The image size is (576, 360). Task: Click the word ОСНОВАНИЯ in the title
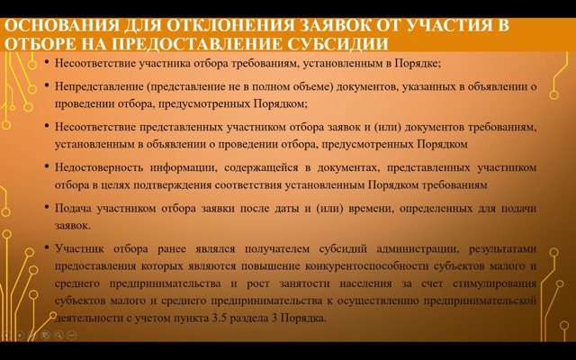click(62, 26)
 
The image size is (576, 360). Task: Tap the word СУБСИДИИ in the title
click(337, 44)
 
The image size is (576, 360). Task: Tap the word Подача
click(73, 208)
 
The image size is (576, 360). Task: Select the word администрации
click(418, 249)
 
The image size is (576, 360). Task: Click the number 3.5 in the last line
click(220, 318)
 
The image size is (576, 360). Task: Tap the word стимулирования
click(494, 284)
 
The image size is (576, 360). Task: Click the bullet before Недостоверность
click(47, 166)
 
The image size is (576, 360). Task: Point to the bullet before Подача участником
click(47, 207)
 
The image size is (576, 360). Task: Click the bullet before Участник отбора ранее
click(47, 247)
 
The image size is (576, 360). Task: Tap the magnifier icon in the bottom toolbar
click(58, 335)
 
